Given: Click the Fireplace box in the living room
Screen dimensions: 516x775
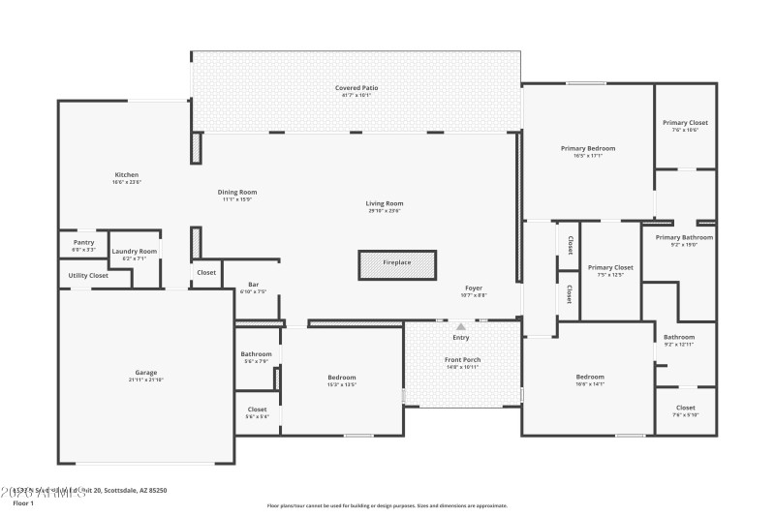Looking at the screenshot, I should point(397,263).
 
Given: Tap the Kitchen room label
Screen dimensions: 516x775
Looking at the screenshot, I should point(127,175).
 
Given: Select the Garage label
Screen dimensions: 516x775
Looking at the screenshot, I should point(145,373).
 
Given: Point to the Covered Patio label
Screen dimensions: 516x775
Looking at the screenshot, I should point(356,88).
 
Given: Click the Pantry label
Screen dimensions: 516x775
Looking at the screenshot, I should point(83,243).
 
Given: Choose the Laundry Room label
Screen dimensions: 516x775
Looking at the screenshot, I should point(135,252).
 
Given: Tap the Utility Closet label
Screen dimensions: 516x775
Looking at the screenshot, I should point(88,276).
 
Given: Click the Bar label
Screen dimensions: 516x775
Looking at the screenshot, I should point(253,285).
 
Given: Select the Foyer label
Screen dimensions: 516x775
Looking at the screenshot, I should point(474,288).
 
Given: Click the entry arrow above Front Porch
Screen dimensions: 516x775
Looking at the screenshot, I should point(461,327).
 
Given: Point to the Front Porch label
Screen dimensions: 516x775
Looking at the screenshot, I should point(462,359).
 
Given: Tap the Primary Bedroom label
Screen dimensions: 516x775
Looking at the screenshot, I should point(588,148).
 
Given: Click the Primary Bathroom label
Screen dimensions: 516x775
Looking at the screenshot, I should point(684,238).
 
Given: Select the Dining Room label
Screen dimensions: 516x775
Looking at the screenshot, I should point(237,192).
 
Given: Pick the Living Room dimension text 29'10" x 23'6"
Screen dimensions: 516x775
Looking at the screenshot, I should point(385,211).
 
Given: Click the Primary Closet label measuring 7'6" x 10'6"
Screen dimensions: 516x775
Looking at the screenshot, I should point(685,123).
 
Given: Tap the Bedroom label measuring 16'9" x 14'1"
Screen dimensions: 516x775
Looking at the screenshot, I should point(590,377).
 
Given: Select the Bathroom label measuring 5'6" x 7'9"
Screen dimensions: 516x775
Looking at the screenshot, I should point(257,354).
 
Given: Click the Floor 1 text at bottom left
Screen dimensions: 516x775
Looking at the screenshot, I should point(23,503).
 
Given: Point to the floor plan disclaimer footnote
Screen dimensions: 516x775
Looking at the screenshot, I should point(387,505).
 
